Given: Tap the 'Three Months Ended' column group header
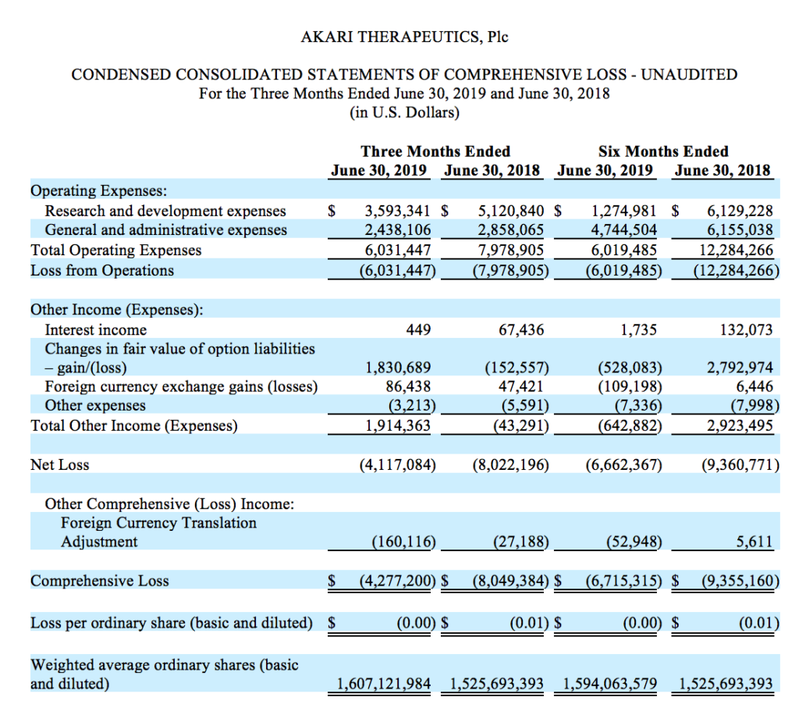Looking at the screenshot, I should (x=435, y=151).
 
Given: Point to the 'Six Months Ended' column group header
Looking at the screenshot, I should (x=663, y=151).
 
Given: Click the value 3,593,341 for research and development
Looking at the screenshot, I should (x=396, y=211).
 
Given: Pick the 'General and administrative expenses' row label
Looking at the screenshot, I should (x=165, y=230).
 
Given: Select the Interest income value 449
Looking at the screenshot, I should (x=420, y=330).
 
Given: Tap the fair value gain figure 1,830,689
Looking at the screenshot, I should (x=399, y=368).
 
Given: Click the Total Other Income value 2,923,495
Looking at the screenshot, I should (x=739, y=425).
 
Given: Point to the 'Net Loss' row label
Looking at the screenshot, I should (x=60, y=465).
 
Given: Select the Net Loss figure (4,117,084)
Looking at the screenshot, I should (x=396, y=465).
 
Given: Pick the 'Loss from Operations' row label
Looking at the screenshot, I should (x=102, y=271).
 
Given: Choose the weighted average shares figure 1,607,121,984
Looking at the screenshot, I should (x=384, y=685).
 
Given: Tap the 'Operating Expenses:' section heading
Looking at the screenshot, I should (x=98, y=190).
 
